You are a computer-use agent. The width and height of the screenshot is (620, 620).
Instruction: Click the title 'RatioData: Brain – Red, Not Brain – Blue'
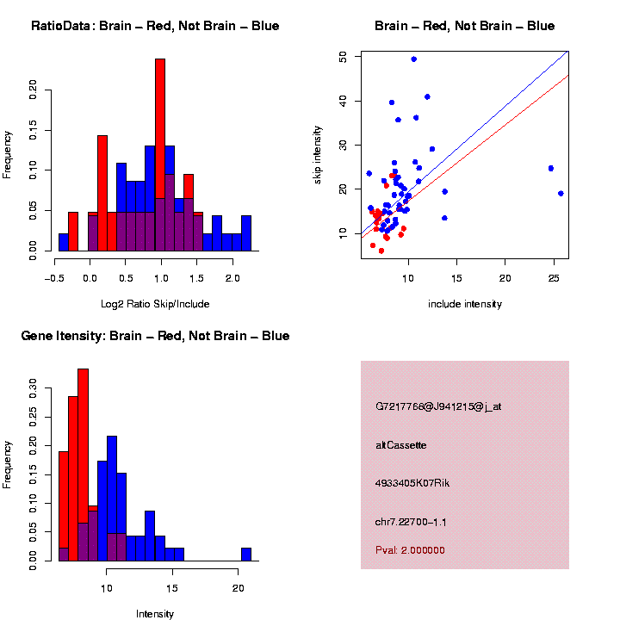point(155,26)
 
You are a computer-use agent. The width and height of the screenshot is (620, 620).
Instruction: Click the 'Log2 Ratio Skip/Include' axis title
point(155,304)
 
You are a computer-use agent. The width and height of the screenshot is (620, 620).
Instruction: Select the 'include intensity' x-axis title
point(464,304)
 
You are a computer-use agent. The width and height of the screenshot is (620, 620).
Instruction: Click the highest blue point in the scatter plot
point(414,59)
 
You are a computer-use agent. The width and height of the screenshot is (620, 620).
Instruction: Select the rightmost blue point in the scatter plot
point(561,194)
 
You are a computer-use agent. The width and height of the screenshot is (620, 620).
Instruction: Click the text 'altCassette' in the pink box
point(401,445)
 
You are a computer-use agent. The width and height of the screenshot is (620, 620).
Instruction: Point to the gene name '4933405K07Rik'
point(412,483)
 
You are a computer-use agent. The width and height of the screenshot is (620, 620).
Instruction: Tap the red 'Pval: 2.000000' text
point(410,550)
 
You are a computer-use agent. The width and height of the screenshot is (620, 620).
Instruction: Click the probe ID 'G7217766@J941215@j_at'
point(438,406)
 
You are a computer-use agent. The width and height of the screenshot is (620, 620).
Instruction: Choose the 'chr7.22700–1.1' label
point(411,522)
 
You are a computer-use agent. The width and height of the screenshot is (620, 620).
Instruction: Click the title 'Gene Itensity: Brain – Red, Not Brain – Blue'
point(155,336)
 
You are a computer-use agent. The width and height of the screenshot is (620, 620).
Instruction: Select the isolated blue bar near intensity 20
point(246,555)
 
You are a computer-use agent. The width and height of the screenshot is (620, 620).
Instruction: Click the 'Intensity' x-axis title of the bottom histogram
point(155,614)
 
